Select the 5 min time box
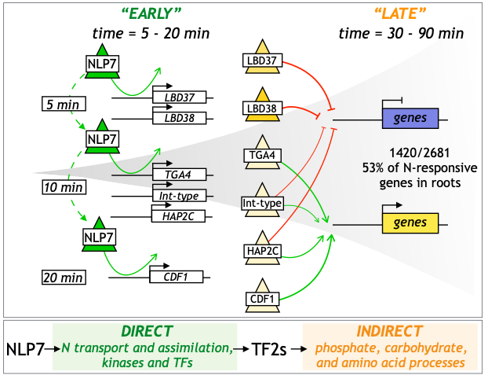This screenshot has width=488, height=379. point(64,103)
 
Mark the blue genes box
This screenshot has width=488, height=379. point(410,119)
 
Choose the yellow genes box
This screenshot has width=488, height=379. point(410,223)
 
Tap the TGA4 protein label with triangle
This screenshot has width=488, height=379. point(262,156)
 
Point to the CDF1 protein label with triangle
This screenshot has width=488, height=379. point(262,300)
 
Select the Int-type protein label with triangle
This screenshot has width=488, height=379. point(261,204)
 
